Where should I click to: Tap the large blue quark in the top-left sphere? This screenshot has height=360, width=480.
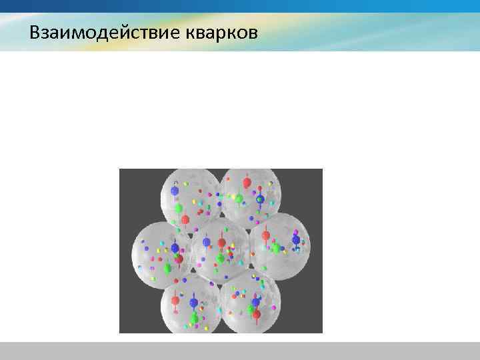[175, 191]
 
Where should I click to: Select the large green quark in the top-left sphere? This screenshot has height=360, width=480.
[179, 208]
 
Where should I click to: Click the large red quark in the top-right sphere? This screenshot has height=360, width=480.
[247, 182]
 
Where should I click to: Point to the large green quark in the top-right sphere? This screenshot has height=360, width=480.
[238, 198]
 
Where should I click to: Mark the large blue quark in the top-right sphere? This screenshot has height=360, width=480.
[260, 199]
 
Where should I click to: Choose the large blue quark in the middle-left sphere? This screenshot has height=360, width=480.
[175, 248]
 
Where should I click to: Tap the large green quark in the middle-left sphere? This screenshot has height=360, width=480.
[167, 268]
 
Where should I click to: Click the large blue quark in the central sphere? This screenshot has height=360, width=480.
[207, 242]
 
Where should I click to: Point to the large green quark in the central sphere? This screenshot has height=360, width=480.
[221, 258]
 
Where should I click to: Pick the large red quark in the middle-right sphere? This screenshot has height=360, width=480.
[266, 235]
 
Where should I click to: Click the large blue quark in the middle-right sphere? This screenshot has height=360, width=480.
[295, 240]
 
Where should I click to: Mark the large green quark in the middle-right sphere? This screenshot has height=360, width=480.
[275, 248]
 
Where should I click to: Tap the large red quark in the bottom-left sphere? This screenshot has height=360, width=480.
[175, 300]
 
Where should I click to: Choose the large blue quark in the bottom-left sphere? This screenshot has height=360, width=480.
[194, 303]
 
